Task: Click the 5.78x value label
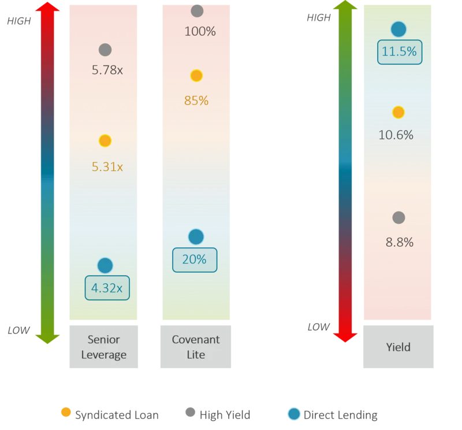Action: (107, 71)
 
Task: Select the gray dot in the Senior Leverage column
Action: (105, 50)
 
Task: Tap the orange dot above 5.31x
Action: (105, 140)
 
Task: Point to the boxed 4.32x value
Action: (107, 288)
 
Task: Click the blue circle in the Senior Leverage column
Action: (105, 265)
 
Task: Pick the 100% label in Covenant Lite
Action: (200, 32)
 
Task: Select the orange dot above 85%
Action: (196, 76)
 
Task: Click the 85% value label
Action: (196, 101)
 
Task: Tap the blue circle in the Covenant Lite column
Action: (196, 236)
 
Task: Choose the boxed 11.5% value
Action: (400, 52)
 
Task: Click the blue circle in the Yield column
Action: (398, 29)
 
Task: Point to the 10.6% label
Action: (396, 135)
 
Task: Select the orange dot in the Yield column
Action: (398, 112)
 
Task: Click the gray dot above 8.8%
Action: (398, 218)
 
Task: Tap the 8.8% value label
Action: (400, 243)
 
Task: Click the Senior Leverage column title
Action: (104, 347)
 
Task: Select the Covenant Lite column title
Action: (196, 347)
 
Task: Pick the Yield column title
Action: (398, 347)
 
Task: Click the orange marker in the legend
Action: (66, 413)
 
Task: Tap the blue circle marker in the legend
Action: (294, 414)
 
